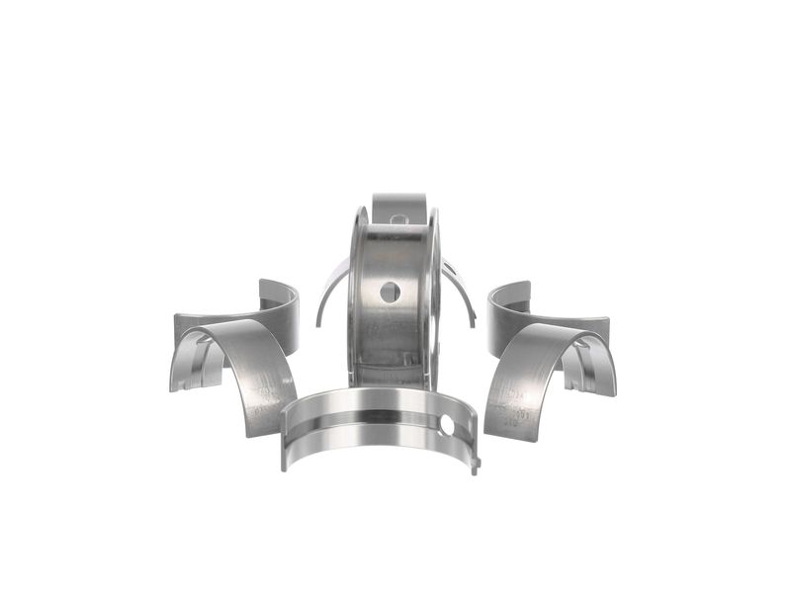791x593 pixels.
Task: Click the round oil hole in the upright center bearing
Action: [391, 291]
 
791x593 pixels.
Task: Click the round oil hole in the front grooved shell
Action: [447, 425]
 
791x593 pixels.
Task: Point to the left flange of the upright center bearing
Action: [353, 287]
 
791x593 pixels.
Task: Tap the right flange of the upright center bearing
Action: [433, 287]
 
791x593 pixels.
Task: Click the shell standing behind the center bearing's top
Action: [398, 206]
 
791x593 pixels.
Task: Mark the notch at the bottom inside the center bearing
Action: [393, 370]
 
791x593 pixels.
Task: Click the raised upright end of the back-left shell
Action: [278, 293]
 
